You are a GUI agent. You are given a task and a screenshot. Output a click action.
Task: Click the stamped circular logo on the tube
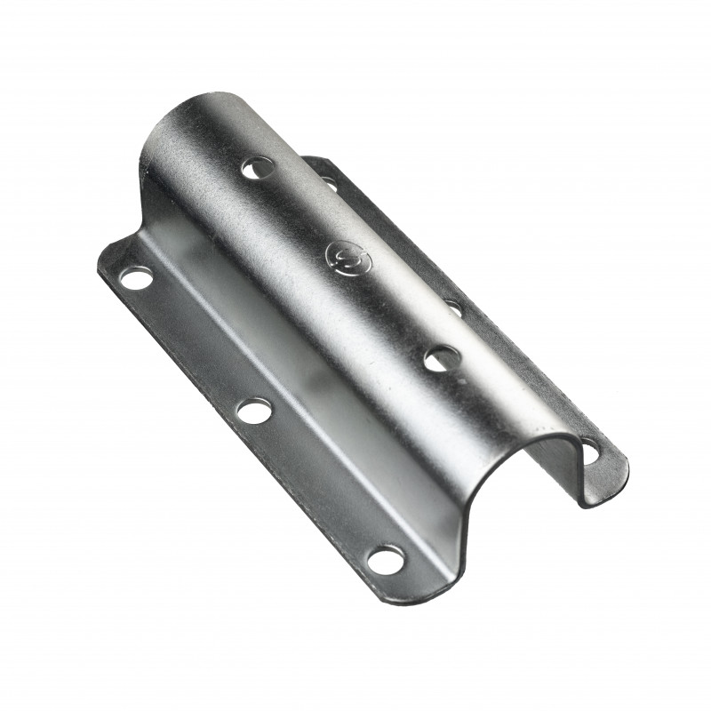[x=343, y=255]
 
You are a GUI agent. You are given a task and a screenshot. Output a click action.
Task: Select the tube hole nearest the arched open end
[x=441, y=358]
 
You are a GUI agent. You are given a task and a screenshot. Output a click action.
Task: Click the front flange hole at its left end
[x=135, y=279]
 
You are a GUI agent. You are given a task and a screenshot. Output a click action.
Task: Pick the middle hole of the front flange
[x=254, y=410]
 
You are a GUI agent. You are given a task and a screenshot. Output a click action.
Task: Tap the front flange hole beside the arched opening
[x=385, y=559]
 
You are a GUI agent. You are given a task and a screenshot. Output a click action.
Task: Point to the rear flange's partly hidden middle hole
[x=453, y=308]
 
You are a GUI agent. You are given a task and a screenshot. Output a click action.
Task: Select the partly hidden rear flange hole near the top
[x=329, y=183]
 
